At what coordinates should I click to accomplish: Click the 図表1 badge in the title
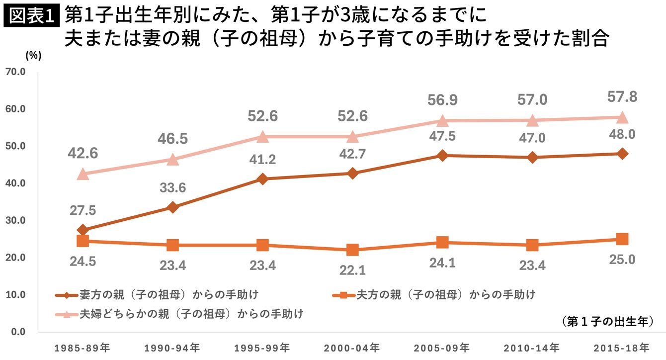[x=31, y=16]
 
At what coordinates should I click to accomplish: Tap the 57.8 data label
[x=622, y=96]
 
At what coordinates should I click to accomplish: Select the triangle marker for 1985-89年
[x=83, y=174]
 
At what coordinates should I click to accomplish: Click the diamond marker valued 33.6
[x=172, y=207]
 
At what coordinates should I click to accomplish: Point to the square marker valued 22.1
[x=352, y=250]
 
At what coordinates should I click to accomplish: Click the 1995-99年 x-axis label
[x=262, y=347]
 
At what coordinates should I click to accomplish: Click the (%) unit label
[x=33, y=56]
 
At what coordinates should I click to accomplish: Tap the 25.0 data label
[x=622, y=259]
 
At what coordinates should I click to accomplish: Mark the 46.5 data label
[x=172, y=138]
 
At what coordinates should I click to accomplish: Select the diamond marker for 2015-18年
[x=622, y=154]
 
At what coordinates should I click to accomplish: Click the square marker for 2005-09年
[x=442, y=243]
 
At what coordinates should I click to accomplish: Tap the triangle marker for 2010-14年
[x=532, y=120]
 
